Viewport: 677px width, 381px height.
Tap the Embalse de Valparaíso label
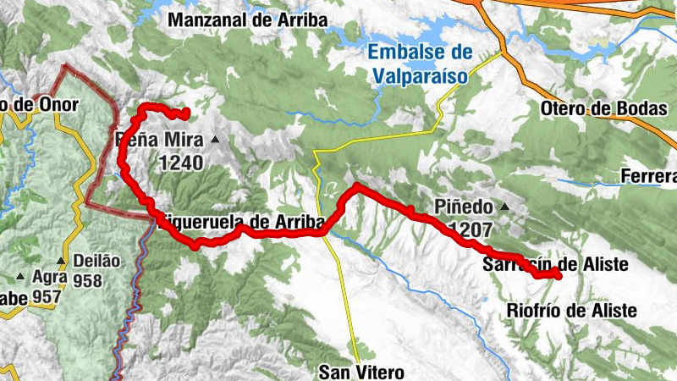420,64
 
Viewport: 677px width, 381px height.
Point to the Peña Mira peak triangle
215,140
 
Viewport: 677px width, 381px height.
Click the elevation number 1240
180,161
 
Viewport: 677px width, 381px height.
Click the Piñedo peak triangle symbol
505,206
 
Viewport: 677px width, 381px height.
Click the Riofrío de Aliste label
571,311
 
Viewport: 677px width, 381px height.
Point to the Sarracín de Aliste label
557,265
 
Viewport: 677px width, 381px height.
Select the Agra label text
48,276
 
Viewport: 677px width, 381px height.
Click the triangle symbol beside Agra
20,276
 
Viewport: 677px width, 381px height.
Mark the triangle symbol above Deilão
61,261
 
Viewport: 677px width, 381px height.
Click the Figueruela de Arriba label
239,222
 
